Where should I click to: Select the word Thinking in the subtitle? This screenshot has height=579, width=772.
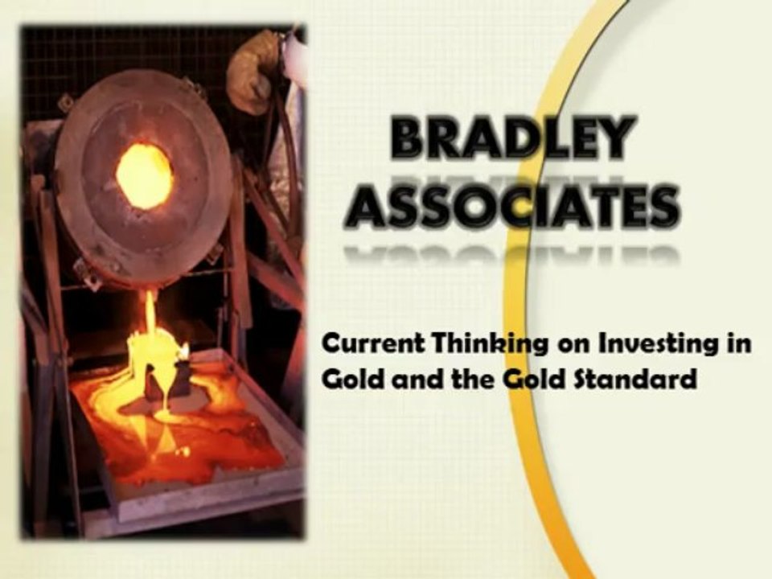[472, 345]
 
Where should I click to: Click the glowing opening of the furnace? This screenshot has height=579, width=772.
[144, 175]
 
